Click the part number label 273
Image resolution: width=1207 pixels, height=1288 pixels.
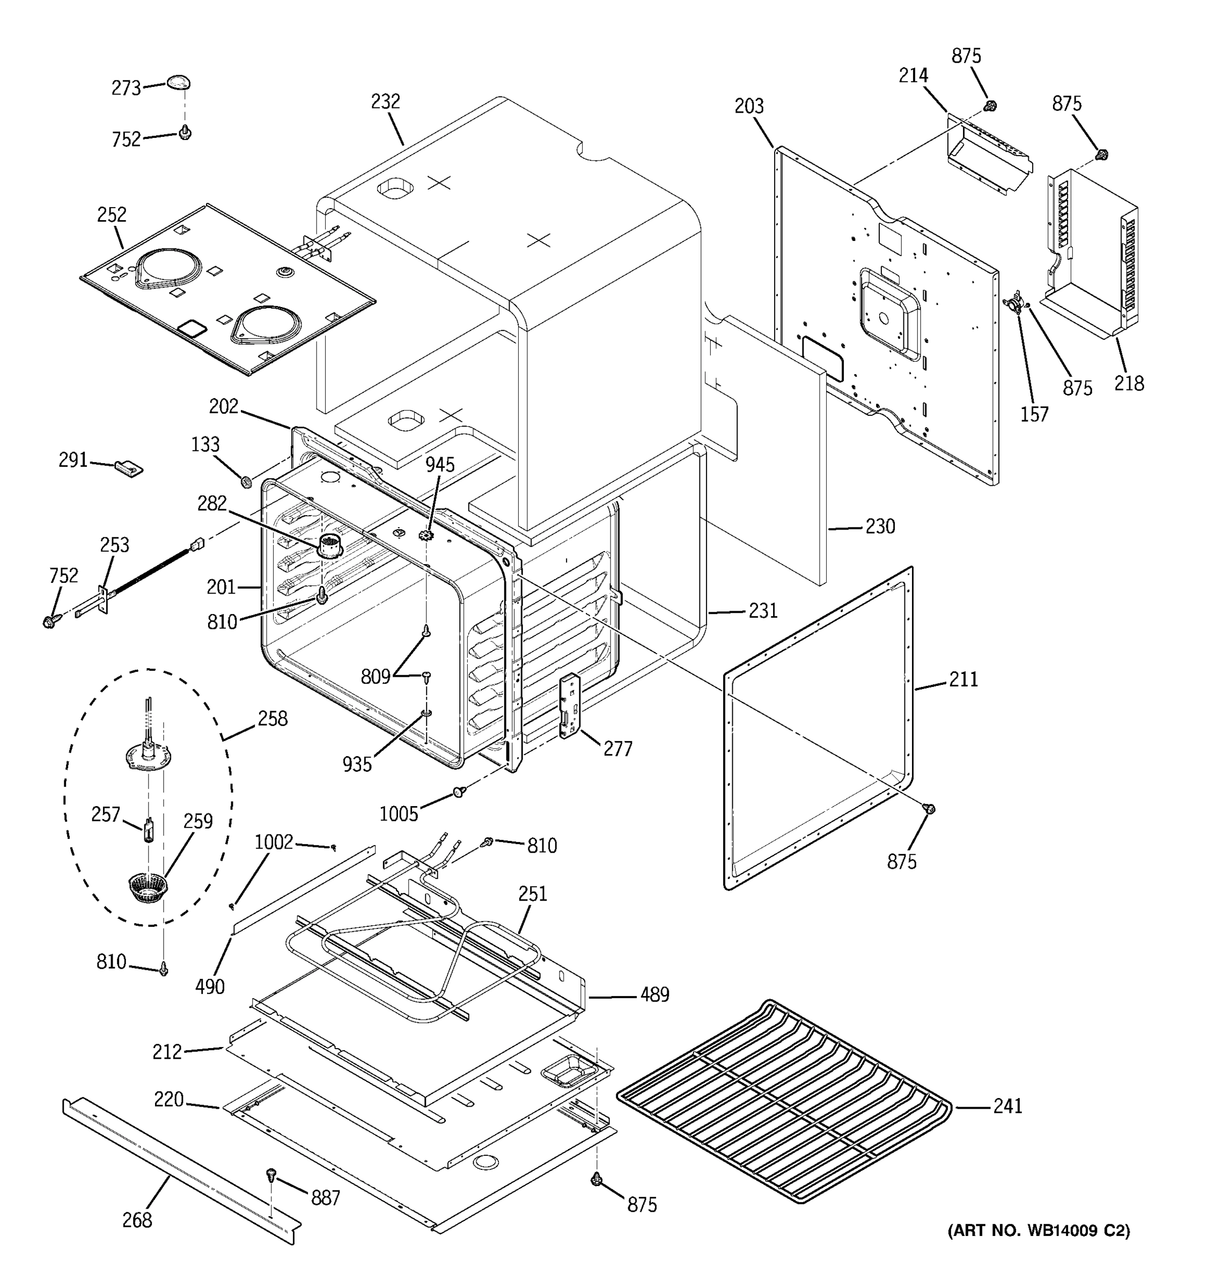pyautogui.click(x=126, y=88)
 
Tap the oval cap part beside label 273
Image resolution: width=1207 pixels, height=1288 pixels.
pyautogui.click(x=179, y=82)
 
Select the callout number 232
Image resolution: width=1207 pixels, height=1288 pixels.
pyautogui.click(x=385, y=102)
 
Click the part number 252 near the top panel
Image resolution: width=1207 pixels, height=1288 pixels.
pyautogui.click(x=112, y=215)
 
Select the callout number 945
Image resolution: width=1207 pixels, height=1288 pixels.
pyautogui.click(x=440, y=465)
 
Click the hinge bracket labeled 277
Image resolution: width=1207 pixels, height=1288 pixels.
pyautogui.click(x=569, y=706)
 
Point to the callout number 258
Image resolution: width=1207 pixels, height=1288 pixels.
pyautogui.click(x=272, y=719)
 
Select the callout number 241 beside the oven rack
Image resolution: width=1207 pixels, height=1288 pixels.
pyautogui.click(x=1007, y=1106)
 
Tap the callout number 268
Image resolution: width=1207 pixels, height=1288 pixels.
pyautogui.click(x=137, y=1220)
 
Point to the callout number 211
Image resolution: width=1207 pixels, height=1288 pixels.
pyautogui.click(x=963, y=679)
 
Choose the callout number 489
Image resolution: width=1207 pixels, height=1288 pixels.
pyautogui.click(x=654, y=994)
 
